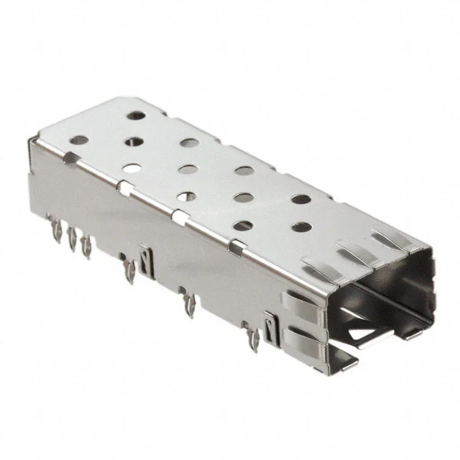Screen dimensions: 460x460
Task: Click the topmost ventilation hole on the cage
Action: coord(135,114)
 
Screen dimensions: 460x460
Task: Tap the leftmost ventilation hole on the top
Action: coord(80,140)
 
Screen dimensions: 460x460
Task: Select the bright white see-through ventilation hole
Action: coord(132,170)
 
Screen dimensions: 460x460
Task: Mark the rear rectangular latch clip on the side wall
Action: coord(147,259)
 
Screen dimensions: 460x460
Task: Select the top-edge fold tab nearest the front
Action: coord(234,248)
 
